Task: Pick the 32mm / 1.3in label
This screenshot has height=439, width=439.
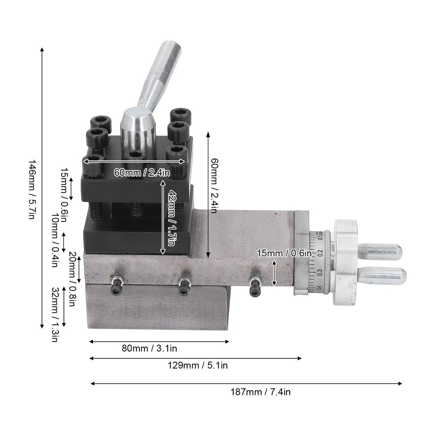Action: click(54, 314)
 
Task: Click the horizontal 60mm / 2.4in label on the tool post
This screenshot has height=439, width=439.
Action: click(142, 173)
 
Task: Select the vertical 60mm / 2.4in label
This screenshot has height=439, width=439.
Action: click(214, 184)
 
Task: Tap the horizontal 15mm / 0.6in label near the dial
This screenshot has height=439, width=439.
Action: click(284, 253)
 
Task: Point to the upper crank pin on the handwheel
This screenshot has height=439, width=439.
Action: click(380, 252)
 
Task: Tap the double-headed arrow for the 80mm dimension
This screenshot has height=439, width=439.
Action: click(159, 342)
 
